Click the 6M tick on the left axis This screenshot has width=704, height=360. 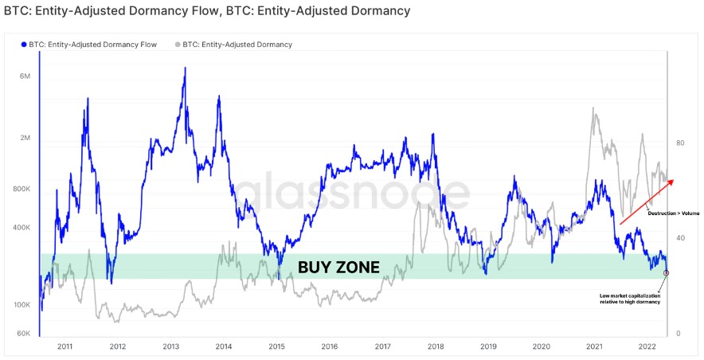25,76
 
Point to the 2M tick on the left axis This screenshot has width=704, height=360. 25,139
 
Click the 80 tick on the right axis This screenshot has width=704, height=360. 680,143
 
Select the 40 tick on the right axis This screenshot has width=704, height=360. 680,238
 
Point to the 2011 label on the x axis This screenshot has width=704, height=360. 65,347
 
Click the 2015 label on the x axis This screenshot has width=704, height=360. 276,347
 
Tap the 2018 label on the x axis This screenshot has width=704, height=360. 436,347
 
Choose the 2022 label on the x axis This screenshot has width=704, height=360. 647,347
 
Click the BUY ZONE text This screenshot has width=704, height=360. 338,267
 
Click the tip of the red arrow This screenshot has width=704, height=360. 674,180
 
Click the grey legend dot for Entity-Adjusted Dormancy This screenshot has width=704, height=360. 178,45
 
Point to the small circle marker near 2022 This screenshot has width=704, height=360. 666,272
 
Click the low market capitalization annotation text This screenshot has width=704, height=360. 629,299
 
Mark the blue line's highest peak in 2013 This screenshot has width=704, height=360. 185,68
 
